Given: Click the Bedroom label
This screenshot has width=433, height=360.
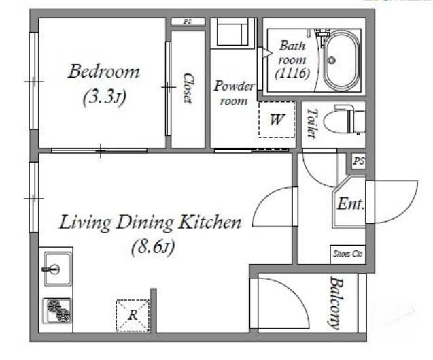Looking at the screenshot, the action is point(104,71).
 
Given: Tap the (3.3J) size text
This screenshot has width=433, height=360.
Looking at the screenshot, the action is point(105,97).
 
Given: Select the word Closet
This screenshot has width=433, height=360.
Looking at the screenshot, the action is point(188,88).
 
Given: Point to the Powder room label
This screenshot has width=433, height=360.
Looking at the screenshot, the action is point(234,93).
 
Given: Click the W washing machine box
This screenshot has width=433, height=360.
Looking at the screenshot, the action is point(276,120).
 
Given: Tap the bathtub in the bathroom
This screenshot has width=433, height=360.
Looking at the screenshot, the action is point(342,61).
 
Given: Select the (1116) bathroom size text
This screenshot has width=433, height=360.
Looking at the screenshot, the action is point(292,73).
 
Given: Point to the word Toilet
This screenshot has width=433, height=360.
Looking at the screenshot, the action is point(312,123).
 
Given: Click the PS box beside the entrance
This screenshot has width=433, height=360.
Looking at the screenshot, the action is point(359,161).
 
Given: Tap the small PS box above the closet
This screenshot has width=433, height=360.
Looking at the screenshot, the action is point(188,22).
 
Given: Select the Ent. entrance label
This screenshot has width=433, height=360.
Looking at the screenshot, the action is point(350,204).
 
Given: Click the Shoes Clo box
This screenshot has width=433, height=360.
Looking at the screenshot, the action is point(347,254).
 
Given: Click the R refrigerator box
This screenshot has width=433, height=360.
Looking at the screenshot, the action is point(133,315).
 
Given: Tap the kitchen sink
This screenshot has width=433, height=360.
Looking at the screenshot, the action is point(57,269).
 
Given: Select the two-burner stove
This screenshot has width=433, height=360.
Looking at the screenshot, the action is point(57,310).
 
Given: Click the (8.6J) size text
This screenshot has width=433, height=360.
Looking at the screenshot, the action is point(153,247).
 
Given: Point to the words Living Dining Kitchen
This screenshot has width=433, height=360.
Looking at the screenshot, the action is point(150,223).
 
